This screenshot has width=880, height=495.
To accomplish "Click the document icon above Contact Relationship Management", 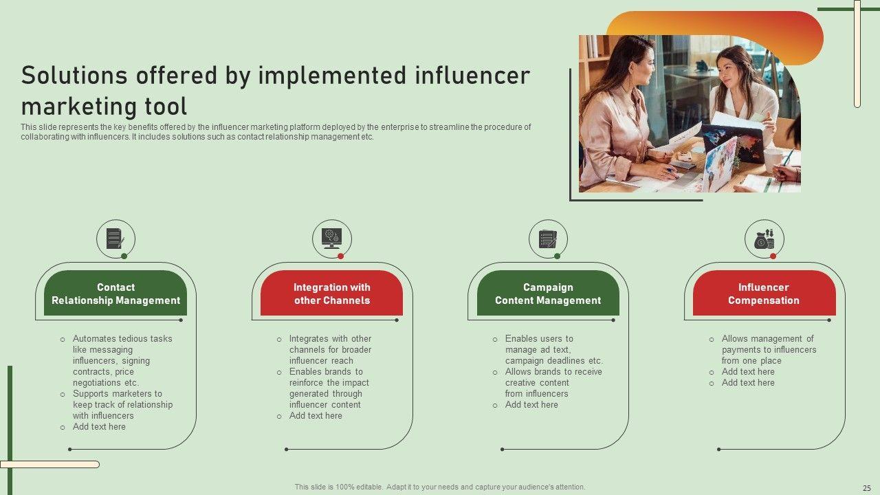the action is pos(115,238).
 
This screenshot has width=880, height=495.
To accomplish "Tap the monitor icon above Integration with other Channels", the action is pos(331,238).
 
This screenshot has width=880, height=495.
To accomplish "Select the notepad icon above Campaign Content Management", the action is pos(548,239).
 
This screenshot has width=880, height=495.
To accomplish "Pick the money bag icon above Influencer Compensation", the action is pos(764,239).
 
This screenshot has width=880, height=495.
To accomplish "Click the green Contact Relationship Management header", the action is pos(115,293).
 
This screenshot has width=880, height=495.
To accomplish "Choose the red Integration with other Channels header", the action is pos(331,293).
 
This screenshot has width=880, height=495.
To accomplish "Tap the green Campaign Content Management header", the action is pos(548,293).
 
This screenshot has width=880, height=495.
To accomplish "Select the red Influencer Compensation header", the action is pos(764,293).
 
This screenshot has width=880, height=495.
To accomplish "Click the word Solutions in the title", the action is pos(74,76).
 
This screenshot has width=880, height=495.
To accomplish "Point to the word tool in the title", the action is pos(166,107).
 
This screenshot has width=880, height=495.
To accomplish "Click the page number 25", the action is pos(867,488).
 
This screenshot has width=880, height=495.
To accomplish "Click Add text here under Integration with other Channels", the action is pos(316,416).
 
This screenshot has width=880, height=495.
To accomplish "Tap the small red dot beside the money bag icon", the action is pos(773,256).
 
